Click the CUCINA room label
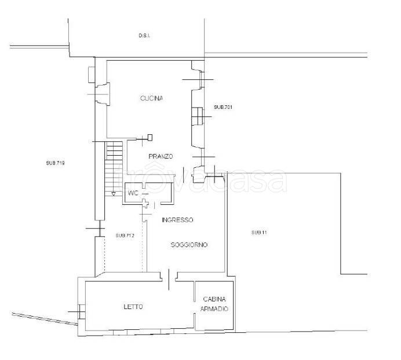[x=151, y=98]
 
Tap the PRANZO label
[x=161, y=156]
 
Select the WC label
[x=133, y=193]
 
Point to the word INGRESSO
[x=177, y=220]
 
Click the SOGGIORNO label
[x=189, y=245]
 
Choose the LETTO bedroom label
[x=133, y=307]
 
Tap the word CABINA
[x=214, y=299]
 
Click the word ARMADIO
[x=214, y=308]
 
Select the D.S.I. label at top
[x=144, y=35]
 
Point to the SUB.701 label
[x=223, y=107]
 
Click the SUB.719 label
[x=55, y=163]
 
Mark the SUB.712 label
[x=125, y=236]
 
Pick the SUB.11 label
[x=259, y=233]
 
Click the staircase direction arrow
[x=114, y=194]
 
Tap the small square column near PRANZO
[x=151, y=137]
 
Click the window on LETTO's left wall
[x=82, y=312]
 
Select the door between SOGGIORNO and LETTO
[x=169, y=279]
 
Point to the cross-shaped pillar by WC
[x=145, y=203]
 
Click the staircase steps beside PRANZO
[x=114, y=169]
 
